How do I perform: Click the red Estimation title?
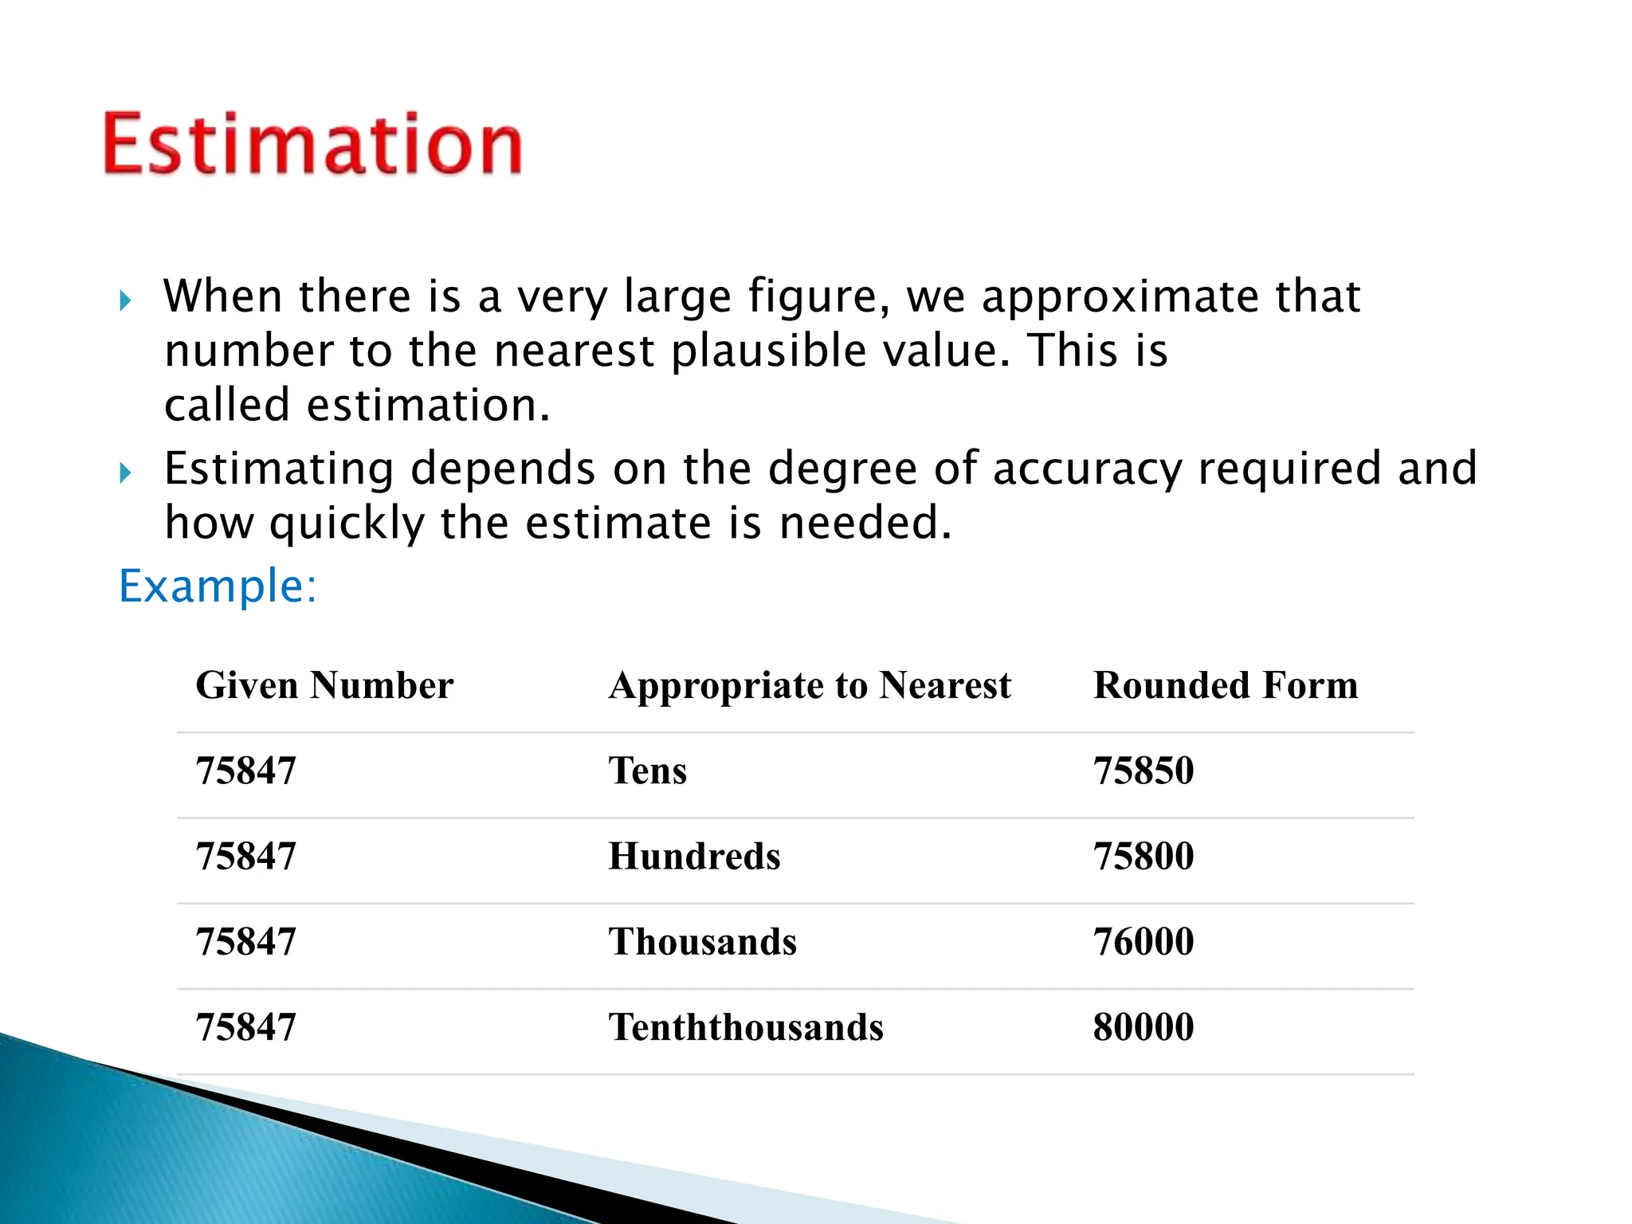[x=312, y=144]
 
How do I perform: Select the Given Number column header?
[x=324, y=685]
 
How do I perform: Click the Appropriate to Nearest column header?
[x=810, y=685]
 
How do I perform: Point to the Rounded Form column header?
[x=1226, y=685]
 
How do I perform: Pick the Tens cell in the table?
[x=647, y=771]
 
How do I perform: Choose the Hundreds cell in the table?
[x=694, y=857]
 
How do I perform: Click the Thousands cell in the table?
[x=702, y=942]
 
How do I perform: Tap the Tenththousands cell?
[x=746, y=1027]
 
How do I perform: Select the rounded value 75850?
[x=1144, y=771]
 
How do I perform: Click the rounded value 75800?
[x=1144, y=857]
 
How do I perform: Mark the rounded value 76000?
[x=1144, y=942]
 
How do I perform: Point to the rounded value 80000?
[x=1144, y=1027]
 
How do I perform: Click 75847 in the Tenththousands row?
[x=245, y=1027]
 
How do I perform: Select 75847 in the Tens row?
[x=245, y=771]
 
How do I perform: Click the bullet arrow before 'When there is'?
[x=125, y=301]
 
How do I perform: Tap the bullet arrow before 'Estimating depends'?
[x=125, y=473]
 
